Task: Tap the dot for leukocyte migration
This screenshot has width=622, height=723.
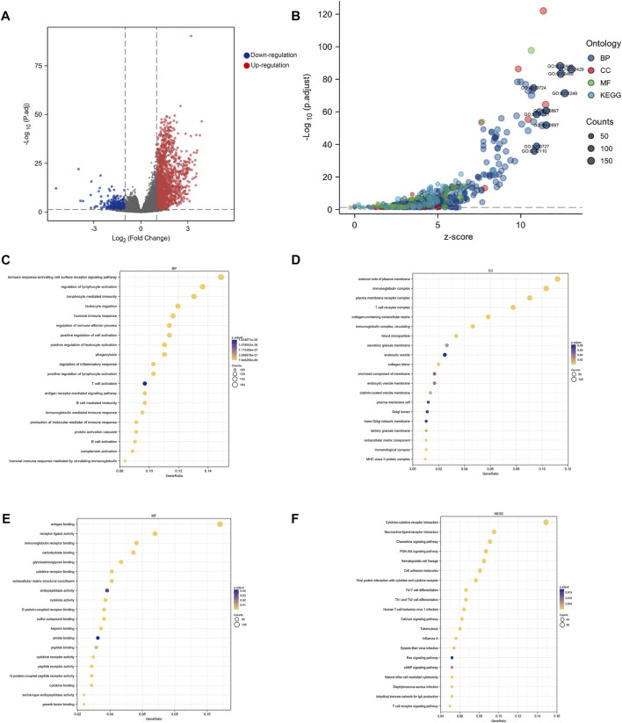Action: coord(177,306)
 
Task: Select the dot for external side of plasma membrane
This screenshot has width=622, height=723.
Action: coord(557,278)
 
